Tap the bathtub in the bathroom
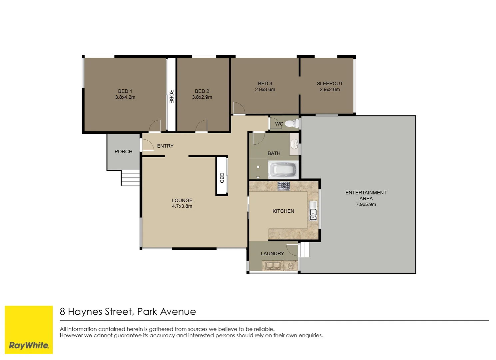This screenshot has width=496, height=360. tap(283, 170)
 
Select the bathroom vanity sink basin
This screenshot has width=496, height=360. tap(294, 145)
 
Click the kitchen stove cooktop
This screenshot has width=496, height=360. tap(283, 186)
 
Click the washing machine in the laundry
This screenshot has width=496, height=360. tap(290, 266)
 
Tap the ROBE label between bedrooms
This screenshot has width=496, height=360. tap(171, 96)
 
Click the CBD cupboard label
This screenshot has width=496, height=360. tap(222, 178)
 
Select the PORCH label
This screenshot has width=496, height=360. tap(123, 152)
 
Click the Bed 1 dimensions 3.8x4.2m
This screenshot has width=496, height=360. tap(125, 97)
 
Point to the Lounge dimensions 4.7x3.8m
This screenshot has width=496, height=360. tap(182, 206)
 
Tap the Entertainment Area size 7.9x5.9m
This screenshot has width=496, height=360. tap(366, 204)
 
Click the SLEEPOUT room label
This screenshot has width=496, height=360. tap(329, 84)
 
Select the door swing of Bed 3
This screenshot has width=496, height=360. tap(239, 108)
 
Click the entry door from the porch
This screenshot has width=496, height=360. tap(147, 145)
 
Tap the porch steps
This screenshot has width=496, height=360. tap(130, 178)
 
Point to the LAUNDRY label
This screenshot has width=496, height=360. tap(272, 254)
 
